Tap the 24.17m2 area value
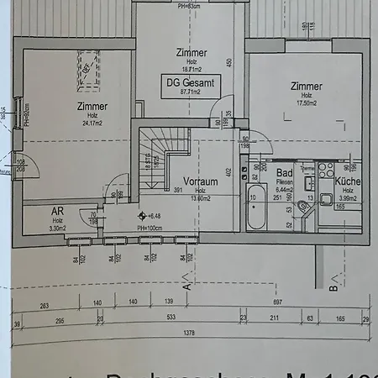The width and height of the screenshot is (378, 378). pyautogui.click(x=92, y=123)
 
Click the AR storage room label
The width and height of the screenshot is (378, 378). pyautogui.click(x=57, y=212)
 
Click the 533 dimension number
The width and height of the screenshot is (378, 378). pyautogui.click(x=171, y=318)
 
